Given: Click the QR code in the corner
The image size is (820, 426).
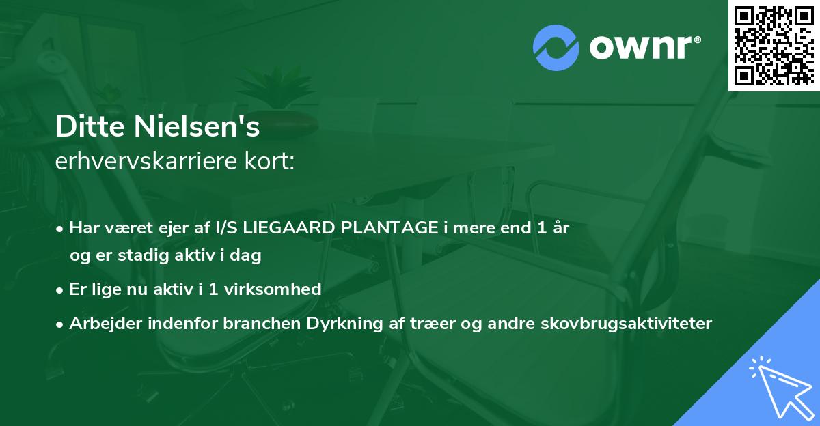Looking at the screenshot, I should click(774, 46).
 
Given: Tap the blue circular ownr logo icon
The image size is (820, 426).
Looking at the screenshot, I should click(556, 48).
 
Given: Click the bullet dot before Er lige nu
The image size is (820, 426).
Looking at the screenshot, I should click(61, 289).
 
